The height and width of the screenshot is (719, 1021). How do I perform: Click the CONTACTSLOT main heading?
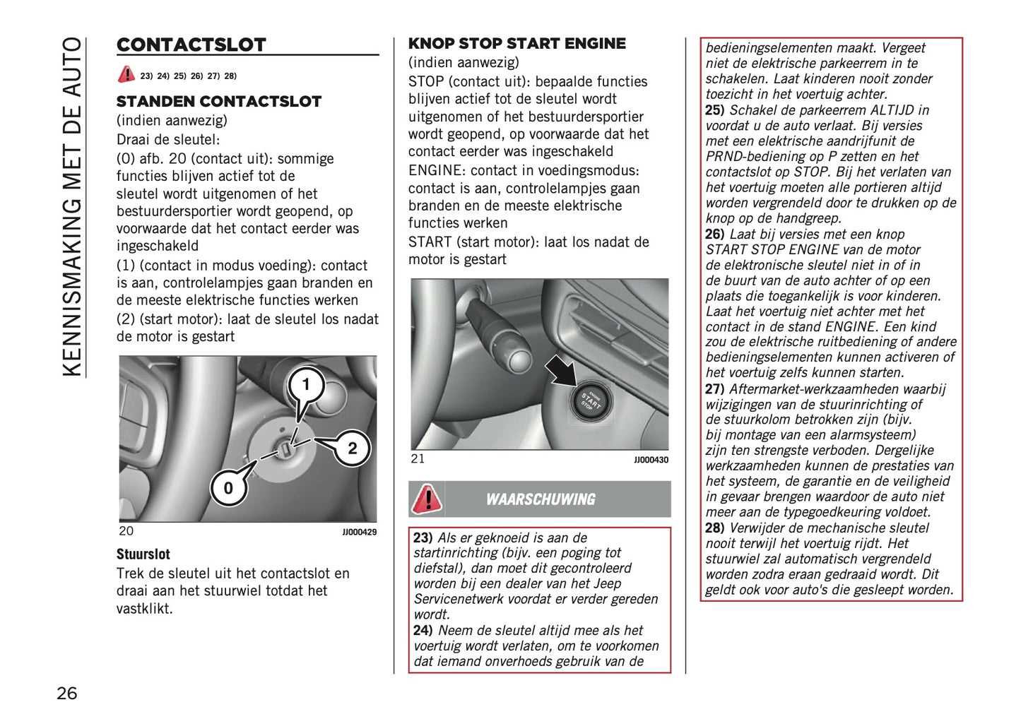pyautogui.click(x=191, y=45)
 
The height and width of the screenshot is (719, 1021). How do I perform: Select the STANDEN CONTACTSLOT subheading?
pyautogui.click(x=218, y=102)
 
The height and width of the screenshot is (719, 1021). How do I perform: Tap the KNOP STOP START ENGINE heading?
pyautogui.click(x=517, y=44)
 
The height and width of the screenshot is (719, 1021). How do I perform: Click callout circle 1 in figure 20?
pyautogui.click(x=306, y=385)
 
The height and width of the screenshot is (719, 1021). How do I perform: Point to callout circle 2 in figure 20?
pyautogui.click(x=352, y=448)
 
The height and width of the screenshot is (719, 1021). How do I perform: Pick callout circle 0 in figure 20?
pyautogui.click(x=228, y=488)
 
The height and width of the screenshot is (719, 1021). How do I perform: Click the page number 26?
pyautogui.click(x=67, y=693)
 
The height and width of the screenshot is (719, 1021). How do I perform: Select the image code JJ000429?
pyautogui.click(x=359, y=532)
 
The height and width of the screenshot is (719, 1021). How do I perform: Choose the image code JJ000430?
pyautogui.click(x=651, y=460)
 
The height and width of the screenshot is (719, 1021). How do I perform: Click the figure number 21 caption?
pyautogui.click(x=418, y=459)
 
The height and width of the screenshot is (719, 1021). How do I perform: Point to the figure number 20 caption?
pyautogui.click(x=126, y=531)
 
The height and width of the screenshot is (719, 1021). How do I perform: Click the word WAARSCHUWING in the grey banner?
pyautogui.click(x=541, y=499)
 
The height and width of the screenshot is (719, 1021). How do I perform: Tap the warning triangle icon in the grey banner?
pyautogui.click(x=427, y=499)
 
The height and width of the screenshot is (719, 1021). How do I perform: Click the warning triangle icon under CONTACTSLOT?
pyautogui.click(x=126, y=74)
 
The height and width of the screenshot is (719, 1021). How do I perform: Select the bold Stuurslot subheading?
pyautogui.click(x=143, y=554)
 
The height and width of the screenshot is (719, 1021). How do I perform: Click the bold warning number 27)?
pyautogui.click(x=714, y=389)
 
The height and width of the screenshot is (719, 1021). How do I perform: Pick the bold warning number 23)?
pyautogui.click(x=423, y=537)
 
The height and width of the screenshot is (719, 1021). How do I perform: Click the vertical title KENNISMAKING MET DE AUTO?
pyautogui.click(x=72, y=206)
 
